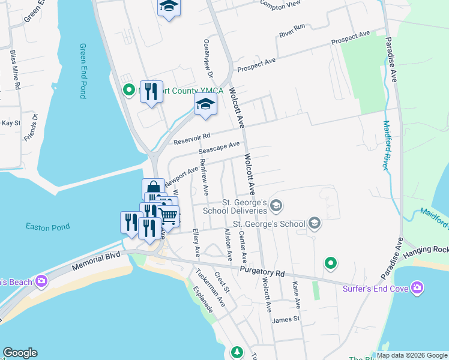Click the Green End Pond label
tap(83, 71)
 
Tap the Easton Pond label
tap(47, 227)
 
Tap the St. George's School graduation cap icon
tap(314, 224)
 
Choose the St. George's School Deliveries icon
tap(276, 206)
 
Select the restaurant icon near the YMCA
tap(151, 92)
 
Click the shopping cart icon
tap(169, 216)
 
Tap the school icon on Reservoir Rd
tap(205, 105)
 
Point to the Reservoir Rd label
tap(192, 139)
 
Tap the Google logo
tap(20, 353)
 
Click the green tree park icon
tap(238, 352)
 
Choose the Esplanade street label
tap(203, 299)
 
